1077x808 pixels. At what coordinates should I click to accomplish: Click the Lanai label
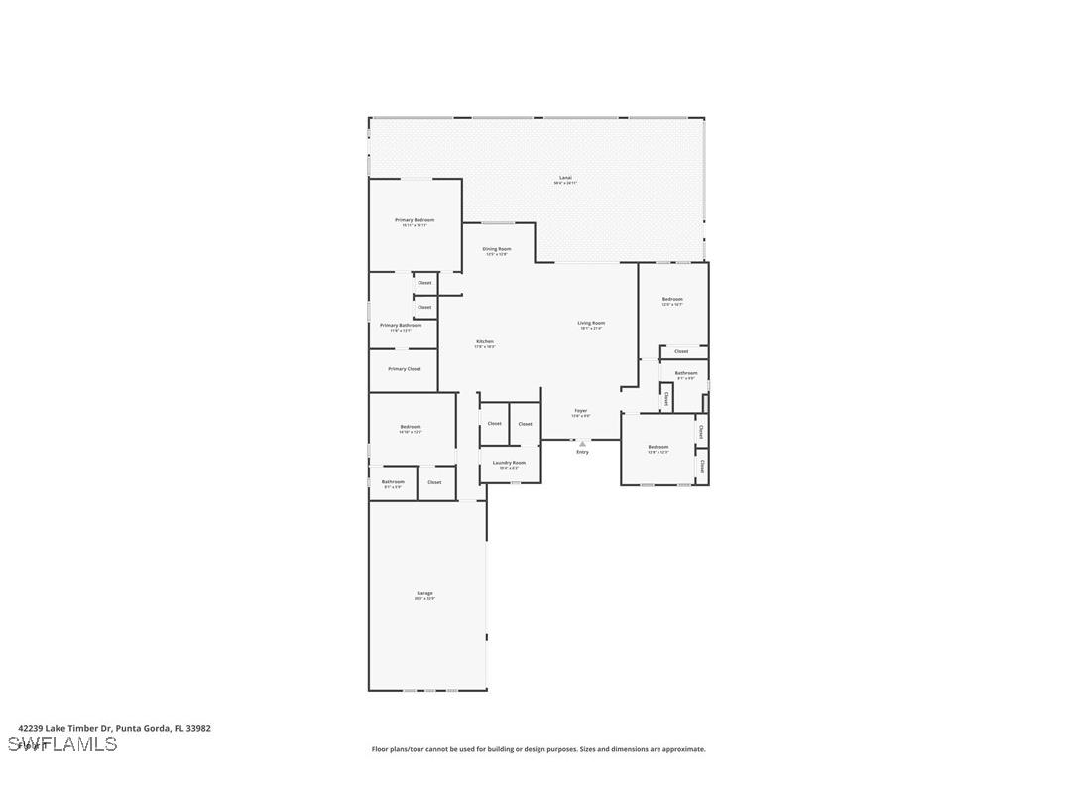click(565, 178)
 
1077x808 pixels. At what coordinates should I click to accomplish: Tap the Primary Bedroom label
click(415, 220)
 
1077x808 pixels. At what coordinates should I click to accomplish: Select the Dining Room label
click(497, 249)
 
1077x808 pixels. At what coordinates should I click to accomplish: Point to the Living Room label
click(592, 323)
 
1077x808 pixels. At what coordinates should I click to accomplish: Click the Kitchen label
click(484, 341)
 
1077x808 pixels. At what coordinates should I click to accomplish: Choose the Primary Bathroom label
click(401, 325)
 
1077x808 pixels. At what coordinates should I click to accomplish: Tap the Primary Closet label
click(405, 369)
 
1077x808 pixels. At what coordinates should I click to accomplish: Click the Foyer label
click(580, 410)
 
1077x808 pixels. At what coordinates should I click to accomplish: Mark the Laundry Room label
click(510, 462)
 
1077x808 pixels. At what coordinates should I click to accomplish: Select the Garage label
click(424, 593)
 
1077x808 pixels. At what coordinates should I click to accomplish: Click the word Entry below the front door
click(582, 452)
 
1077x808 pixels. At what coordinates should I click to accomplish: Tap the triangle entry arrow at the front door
click(582, 443)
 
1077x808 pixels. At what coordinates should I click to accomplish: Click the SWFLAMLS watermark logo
click(61, 743)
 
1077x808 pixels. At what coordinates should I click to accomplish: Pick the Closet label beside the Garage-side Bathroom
click(434, 482)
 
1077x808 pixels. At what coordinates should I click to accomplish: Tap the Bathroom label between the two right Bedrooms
click(686, 373)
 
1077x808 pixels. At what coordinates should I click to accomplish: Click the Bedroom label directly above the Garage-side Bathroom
click(411, 427)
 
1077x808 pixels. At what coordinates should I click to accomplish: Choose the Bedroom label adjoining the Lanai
click(672, 299)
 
